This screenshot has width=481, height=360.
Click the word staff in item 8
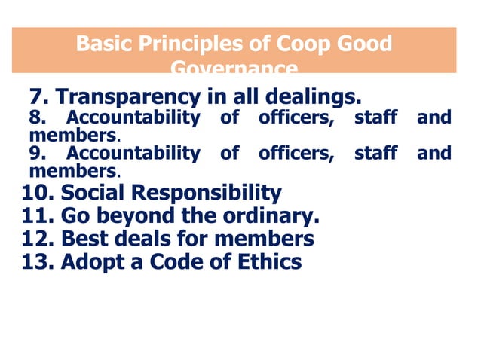(375, 117)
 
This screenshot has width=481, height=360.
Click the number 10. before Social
(38, 192)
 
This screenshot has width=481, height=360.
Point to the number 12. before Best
(38, 239)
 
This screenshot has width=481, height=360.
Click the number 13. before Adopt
(38, 262)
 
